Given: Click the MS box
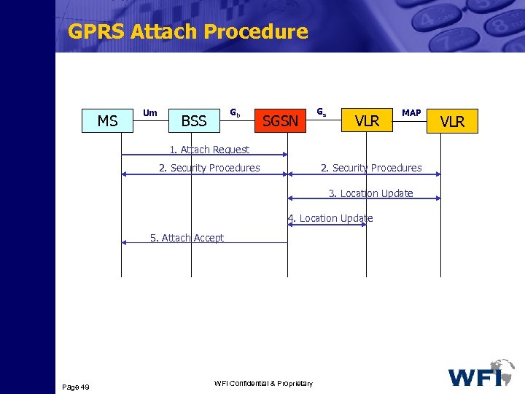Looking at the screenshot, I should coord(107,121).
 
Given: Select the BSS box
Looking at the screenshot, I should coord(193,121).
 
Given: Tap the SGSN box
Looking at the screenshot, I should coord(280,121).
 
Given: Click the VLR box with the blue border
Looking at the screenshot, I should coord(367,121).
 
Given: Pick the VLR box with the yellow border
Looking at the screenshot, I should coord(453,121).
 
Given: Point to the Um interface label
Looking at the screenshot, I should coord(150,112).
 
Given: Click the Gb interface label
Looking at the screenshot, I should coord(236,112).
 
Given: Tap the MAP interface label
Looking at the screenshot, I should coord(411,112).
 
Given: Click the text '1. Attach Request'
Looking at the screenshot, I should coord(209,150).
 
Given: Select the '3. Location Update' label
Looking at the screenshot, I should coord(370,193).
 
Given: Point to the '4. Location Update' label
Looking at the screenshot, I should coord(330,218).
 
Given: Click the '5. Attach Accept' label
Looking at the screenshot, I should coord(187,238).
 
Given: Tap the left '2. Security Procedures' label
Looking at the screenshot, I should coord(209,168).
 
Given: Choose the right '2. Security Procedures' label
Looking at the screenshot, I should coord(371,168).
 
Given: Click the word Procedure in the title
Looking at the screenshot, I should coord(256,31).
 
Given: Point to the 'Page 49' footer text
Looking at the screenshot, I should coord(76,387).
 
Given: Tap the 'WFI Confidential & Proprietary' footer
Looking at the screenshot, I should coord(263,384).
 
